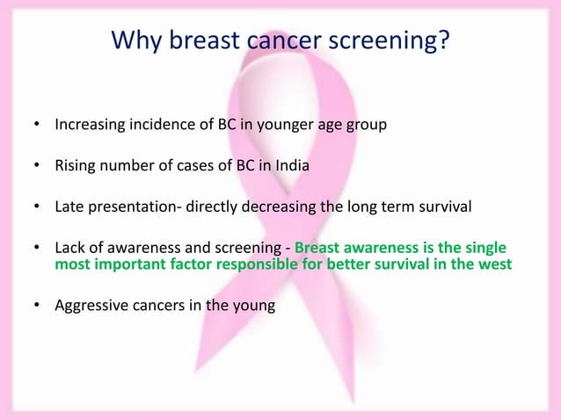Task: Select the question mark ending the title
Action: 443,40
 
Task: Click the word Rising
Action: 75,166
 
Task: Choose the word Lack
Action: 70,249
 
